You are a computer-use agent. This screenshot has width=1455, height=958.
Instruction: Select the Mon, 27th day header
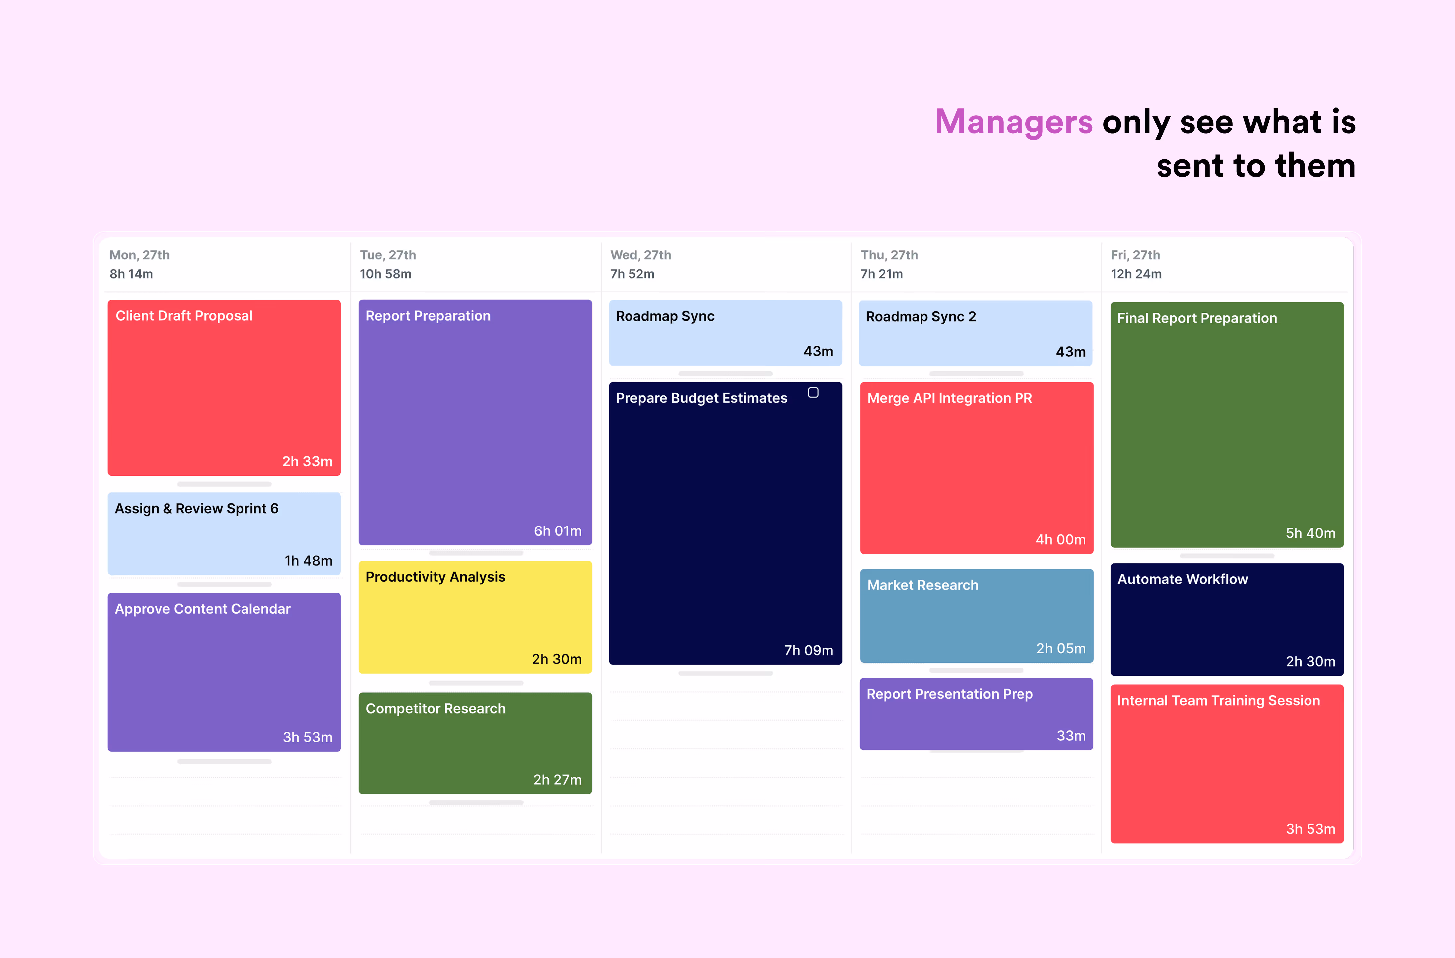[140, 255]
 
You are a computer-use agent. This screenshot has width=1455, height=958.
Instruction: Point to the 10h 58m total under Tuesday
[385, 274]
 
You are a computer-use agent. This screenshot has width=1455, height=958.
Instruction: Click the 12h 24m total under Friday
[1136, 274]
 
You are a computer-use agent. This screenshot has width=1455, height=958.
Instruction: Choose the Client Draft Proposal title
[184, 316]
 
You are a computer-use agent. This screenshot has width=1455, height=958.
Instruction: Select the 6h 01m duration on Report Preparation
[557, 531]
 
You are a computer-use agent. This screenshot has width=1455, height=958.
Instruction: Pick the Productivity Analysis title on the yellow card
[435, 577]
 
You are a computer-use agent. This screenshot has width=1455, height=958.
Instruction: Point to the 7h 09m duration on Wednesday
[808, 650]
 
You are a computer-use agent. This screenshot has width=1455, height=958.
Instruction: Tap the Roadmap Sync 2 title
[921, 316]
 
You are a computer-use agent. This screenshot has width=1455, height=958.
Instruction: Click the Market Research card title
[922, 585]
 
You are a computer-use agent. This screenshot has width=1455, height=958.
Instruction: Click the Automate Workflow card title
[1182, 579]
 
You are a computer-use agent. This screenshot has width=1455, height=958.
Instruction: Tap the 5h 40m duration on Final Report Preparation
[1310, 533]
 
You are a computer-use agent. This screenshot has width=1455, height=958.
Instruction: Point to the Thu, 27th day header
[889, 255]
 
